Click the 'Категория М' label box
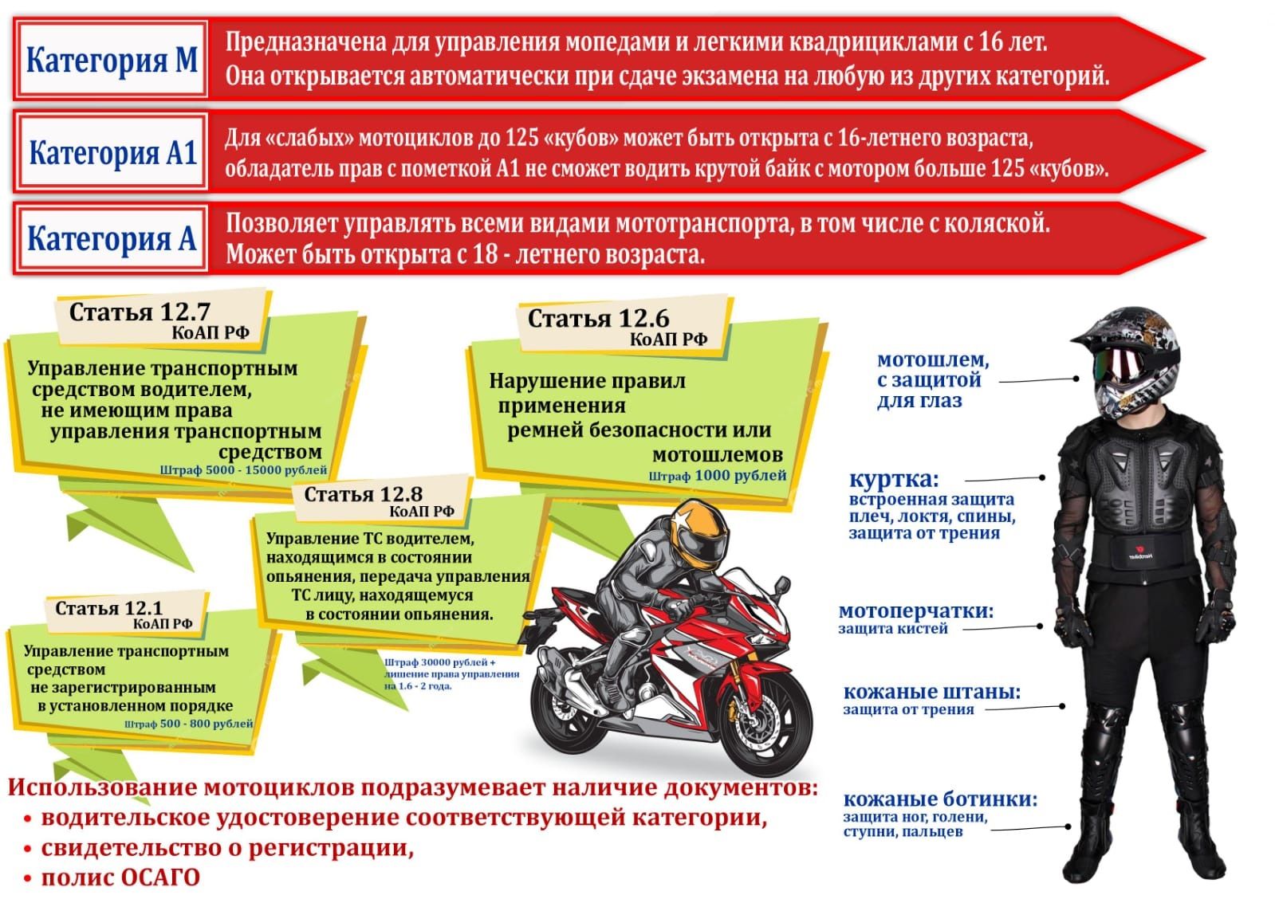click(112, 61)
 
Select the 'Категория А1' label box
click(112, 152)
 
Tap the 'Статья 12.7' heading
click(139, 312)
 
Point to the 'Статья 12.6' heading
click(598, 319)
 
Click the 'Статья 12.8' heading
click(363, 494)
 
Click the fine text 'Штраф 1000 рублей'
click(717, 476)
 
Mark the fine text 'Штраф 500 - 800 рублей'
click(188, 724)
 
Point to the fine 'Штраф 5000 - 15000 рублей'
click(243, 470)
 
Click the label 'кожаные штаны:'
click(931, 692)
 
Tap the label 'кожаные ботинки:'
click(940, 799)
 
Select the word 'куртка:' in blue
click(894, 480)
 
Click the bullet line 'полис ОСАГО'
click(120, 877)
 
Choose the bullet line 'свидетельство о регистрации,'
click(227, 848)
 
